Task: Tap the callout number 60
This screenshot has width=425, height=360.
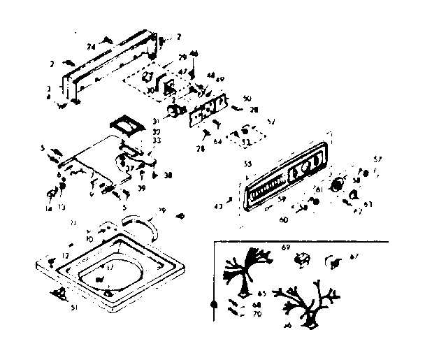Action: click(x=284, y=219)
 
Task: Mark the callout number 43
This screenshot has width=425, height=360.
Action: click(x=219, y=205)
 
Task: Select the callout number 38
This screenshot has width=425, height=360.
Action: click(x=168, y=176)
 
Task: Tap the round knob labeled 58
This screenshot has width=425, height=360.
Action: click(x=338, y=185)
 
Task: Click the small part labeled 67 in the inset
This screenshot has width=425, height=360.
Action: click(x=331, y=264)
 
